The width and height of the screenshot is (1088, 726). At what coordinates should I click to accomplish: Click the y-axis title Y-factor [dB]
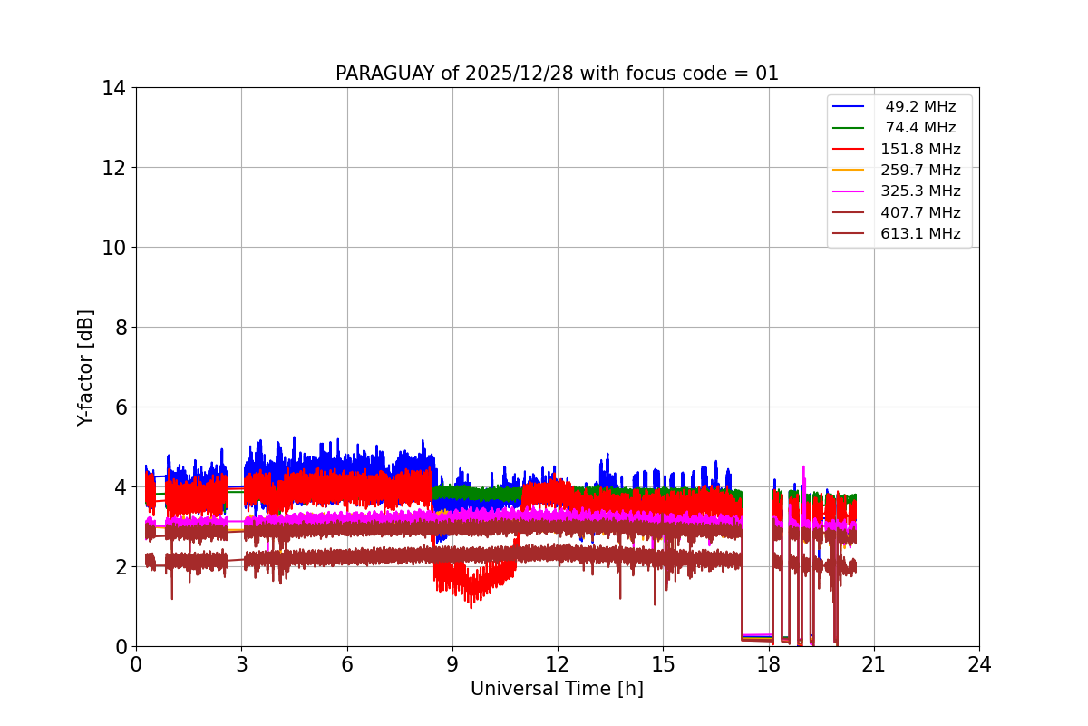pyautogui.click(x=85, y=368)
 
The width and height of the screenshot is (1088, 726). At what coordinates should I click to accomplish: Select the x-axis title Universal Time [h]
pyautogui.click(x=557, y=689)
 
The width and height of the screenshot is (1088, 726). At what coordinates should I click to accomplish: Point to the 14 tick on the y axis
pyautogui.click(x=115, y=88)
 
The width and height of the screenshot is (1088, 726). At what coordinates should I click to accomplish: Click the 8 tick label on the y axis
pyautogui.click(x=121, y=328)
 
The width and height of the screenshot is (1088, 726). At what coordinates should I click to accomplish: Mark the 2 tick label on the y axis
pyautogui.click(x=121, y=567)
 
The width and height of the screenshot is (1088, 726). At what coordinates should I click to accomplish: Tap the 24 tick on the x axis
pyautogui.click(x=979, y=664)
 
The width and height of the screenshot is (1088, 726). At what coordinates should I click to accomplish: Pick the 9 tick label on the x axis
pyautogui.click(x=452, y=664)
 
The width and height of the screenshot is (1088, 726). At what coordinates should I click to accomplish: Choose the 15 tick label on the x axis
pyautogui.click(x=663, y=664)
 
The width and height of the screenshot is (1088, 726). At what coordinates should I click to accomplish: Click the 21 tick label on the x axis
pyautogui.click(x=874, y=664)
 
